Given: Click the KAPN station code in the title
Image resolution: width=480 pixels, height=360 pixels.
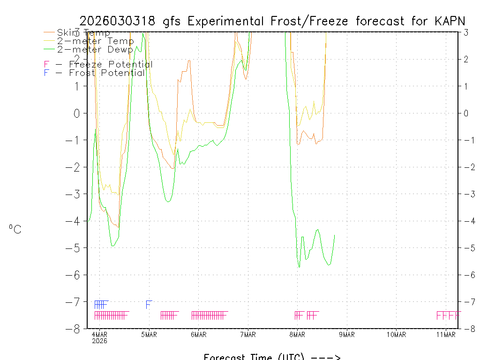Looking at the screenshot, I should click(x=450, y=21).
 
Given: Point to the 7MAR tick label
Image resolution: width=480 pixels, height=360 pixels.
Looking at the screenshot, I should click(x=247, y=334).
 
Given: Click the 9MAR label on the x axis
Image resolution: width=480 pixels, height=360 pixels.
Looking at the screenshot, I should click(x=346, y=334).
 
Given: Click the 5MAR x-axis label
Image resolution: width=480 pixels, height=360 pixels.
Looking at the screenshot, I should click(x=149, y=334).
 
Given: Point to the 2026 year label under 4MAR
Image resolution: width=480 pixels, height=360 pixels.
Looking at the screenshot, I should click(x=99, y=341).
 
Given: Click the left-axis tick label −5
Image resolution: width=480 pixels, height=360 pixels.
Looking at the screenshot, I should click(x=76, y=247).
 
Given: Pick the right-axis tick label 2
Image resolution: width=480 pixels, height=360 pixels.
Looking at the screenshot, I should click(x=466, y=59).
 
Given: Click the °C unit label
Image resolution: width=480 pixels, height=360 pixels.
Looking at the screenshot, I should click(x=15, y=229).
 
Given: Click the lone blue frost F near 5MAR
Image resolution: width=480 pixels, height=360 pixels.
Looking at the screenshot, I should click(x=149, y=304).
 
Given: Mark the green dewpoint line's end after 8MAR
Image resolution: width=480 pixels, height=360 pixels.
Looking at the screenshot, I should click(x=334, y=235).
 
